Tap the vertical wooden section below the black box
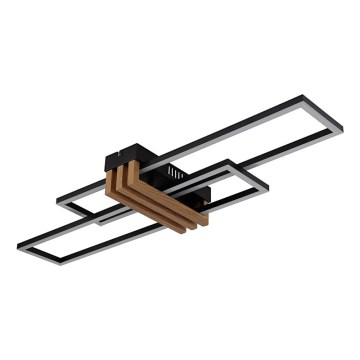[116, 181]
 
